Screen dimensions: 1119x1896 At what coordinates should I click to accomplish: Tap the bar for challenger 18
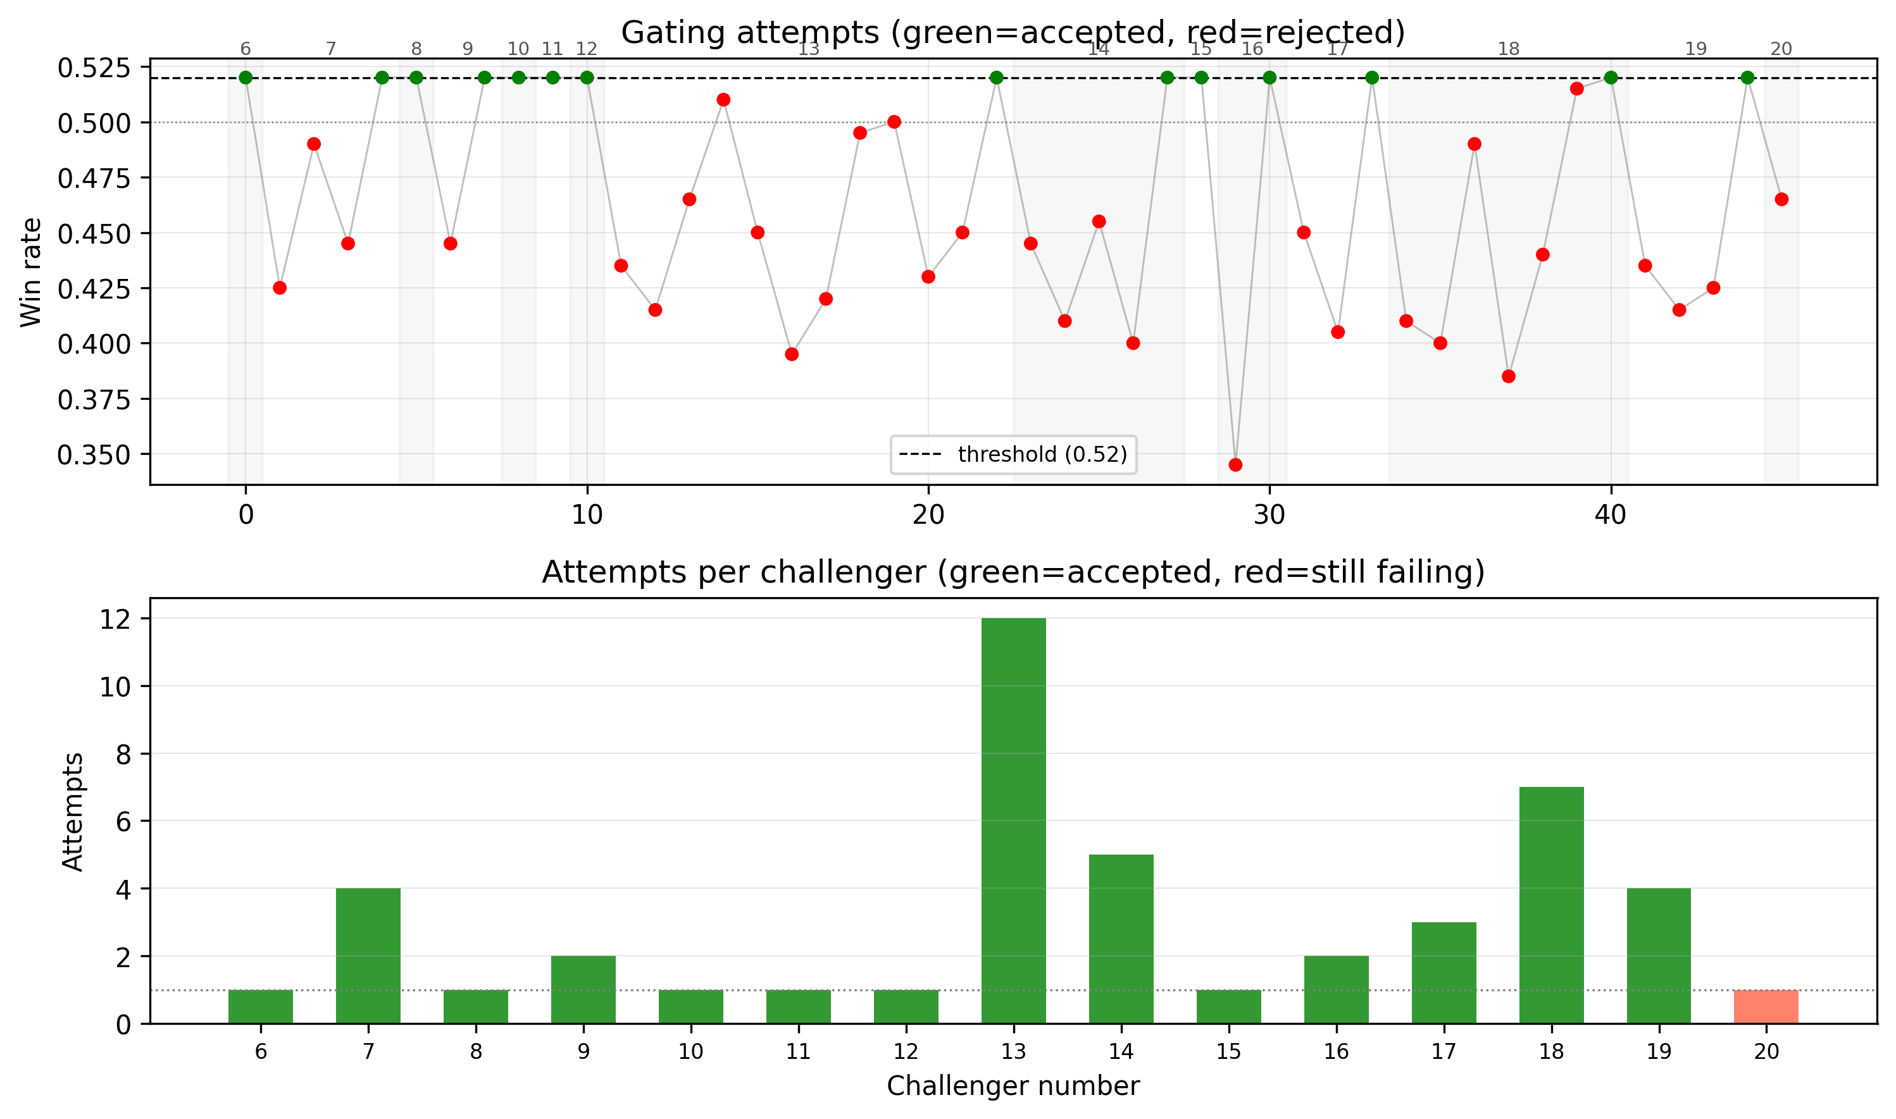click(1550, 905)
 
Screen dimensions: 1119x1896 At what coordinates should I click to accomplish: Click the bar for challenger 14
click(1121, 939)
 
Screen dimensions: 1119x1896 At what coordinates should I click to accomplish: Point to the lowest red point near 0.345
click(1235, 464)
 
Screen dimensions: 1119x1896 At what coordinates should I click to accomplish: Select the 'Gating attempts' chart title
click(1013, 32)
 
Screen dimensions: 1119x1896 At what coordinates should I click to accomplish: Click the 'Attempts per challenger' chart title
click(1013, 572)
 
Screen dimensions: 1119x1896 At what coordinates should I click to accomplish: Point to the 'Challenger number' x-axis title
click(1013, 1086)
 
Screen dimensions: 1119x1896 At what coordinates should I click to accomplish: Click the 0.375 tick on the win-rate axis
click(93, 399)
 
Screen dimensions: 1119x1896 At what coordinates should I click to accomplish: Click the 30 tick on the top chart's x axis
click(1269, 515)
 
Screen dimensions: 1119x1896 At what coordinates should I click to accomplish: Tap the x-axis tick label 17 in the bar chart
click(1443, 1051)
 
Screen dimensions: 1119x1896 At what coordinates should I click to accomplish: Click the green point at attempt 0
click(245, 78)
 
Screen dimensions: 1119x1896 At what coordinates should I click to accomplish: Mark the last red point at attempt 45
click(1781, 199)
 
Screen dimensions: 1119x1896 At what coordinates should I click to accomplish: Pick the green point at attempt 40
click(1611, 78)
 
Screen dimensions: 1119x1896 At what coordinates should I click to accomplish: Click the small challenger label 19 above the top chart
click(1696, 49)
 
